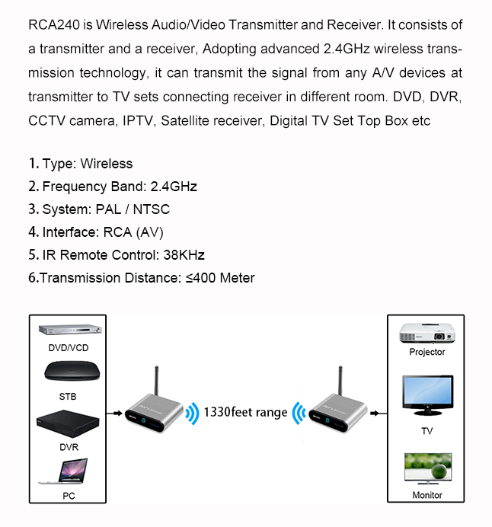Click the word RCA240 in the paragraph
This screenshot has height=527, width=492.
[x=54, y=25]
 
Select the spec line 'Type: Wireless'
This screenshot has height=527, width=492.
[x=80, y=164]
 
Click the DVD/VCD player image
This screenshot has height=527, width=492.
[x=68, y=331]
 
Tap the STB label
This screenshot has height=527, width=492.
[x=68, y=397]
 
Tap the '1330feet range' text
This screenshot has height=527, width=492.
[x=245, y=412]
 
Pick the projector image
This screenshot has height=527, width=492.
[x=427, y=331]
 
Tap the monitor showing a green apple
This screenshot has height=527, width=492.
[x=427, y=470]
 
